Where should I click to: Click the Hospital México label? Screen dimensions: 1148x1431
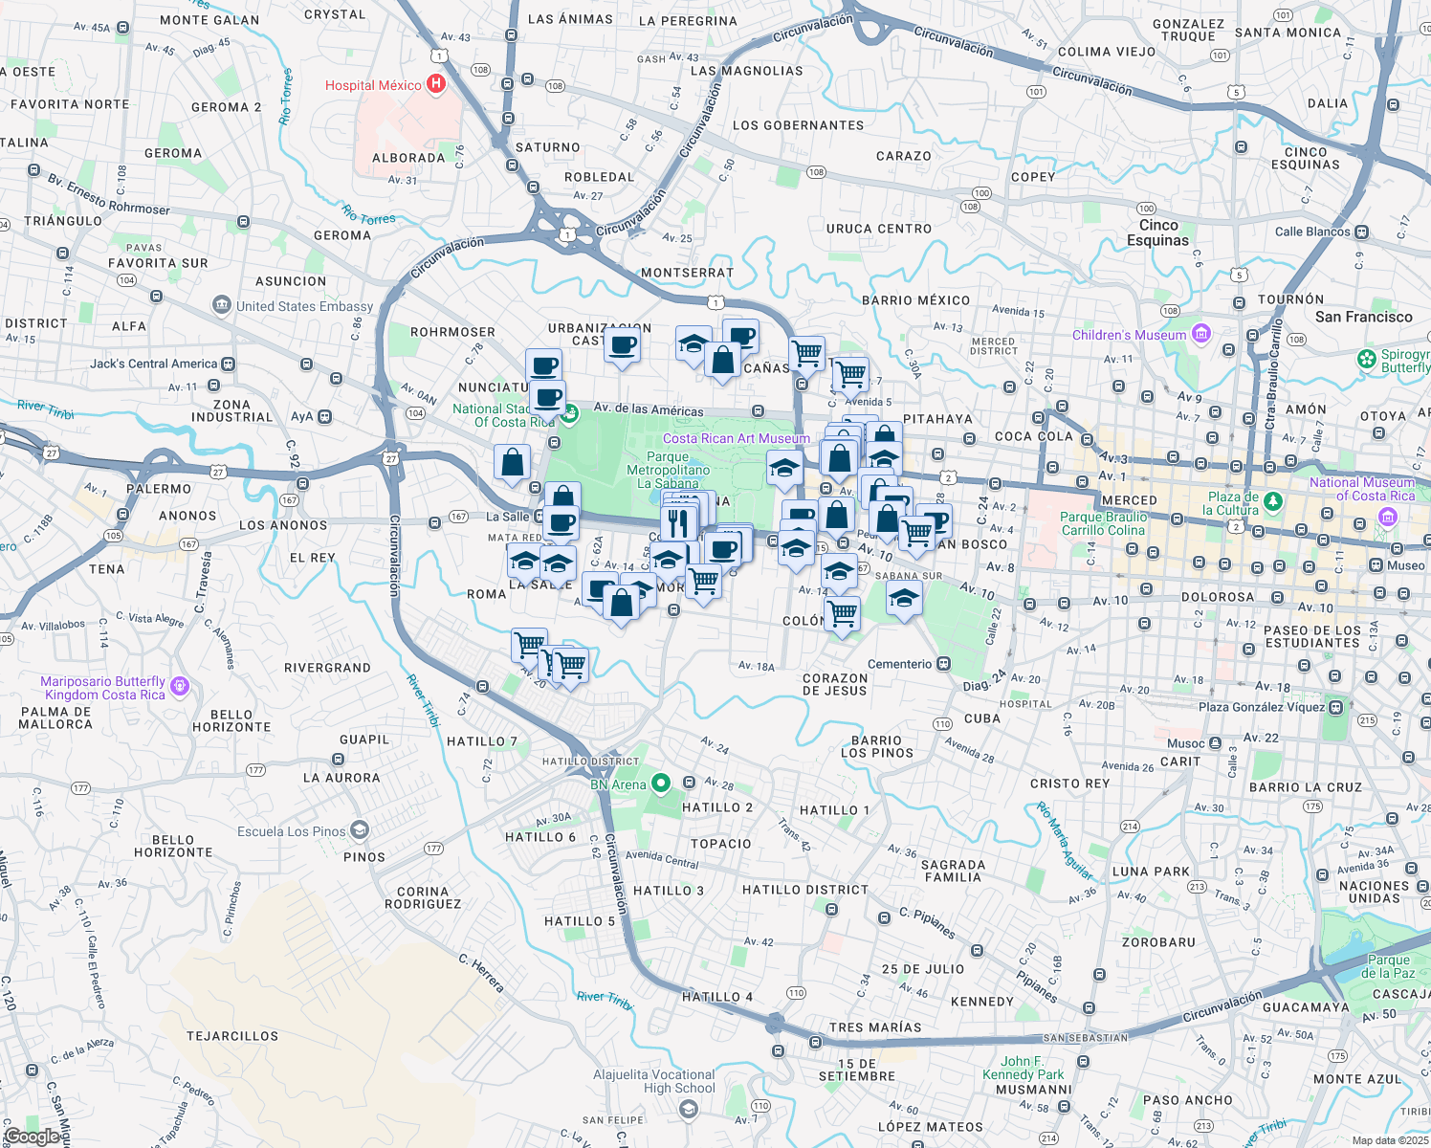[373, 85]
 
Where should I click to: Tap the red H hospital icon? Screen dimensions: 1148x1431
[436, 84]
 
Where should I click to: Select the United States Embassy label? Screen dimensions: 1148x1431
[304, 306]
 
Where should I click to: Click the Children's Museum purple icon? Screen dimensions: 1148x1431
[1201, 335]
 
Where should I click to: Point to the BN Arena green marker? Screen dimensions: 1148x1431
[661, 784]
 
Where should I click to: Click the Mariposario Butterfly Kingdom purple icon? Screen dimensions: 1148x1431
[180, 687]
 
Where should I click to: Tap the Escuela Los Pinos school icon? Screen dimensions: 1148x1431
[359, 830]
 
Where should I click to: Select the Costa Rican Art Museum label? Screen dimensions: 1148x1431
[736, 438]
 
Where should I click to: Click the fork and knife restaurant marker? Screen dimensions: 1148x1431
[678, 522]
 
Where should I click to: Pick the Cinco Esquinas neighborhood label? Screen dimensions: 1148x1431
[1157, 232]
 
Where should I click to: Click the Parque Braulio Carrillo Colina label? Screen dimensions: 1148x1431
[1103, 523]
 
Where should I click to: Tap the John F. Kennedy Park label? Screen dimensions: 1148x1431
[1023, 1068]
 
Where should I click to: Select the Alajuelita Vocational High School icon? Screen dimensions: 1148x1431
[687, 1109]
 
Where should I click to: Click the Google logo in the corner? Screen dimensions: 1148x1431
[33, 1136]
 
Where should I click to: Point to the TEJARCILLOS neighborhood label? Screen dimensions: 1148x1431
[232, 1036]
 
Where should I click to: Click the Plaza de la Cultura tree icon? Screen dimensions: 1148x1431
[1272, 501]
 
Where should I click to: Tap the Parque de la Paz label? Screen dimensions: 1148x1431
[1388, 966]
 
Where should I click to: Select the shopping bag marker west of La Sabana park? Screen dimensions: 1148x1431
[512, 462]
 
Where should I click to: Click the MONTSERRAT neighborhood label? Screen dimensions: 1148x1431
[687, 273]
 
